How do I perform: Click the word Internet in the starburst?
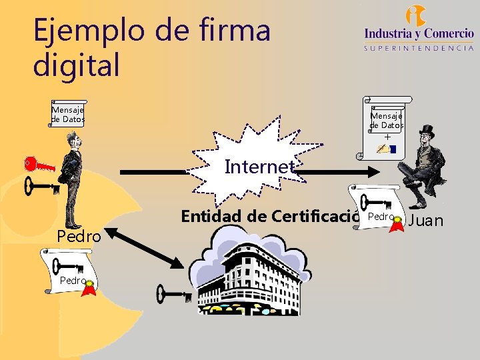[x=259, y=167]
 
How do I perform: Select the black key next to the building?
[x=173, y=293]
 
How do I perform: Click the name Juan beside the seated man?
[x=425, y=221]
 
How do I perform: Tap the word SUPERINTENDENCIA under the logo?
[x=419, y=48]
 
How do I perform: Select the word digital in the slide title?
[x=77, y=65]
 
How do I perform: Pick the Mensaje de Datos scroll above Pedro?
[x=68, y=114]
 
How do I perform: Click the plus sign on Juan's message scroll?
[x=387, y=137]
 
